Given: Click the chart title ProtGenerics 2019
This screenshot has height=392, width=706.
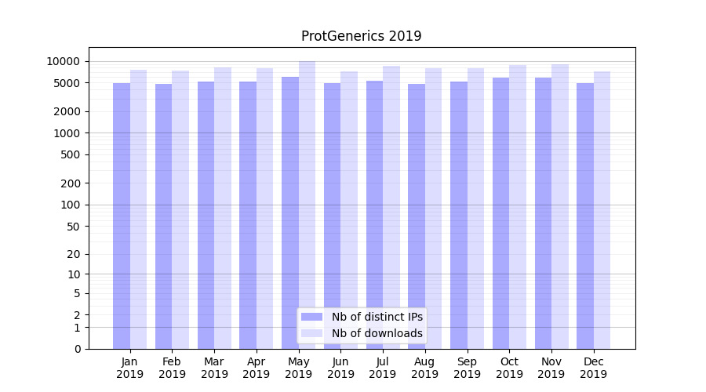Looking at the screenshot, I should (x=361, y=36).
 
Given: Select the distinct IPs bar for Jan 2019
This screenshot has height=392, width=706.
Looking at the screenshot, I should (x=122, y=216).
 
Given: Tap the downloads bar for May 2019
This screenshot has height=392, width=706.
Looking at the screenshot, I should (x=307, y=205).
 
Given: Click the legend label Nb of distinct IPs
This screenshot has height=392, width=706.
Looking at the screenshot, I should (x=377, y=317).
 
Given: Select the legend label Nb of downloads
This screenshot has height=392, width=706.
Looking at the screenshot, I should (x=377, y=333).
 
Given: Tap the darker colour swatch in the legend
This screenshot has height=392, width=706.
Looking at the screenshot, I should (x=312, y=317).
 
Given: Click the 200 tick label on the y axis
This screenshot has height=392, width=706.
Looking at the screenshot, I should (x=71, y=183).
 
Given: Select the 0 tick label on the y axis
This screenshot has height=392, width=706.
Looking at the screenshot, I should (x=78, y=349).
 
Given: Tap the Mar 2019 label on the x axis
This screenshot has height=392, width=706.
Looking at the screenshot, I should (x=214, y=368).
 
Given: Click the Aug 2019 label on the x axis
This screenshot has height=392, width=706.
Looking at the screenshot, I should (x=425, y=368).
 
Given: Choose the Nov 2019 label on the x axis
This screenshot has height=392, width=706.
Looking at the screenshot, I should (x=551, y=368).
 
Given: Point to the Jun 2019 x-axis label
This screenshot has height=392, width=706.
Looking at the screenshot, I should (x=340, y=368).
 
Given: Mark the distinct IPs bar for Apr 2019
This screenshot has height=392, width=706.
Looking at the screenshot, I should (x=248, y=215).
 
